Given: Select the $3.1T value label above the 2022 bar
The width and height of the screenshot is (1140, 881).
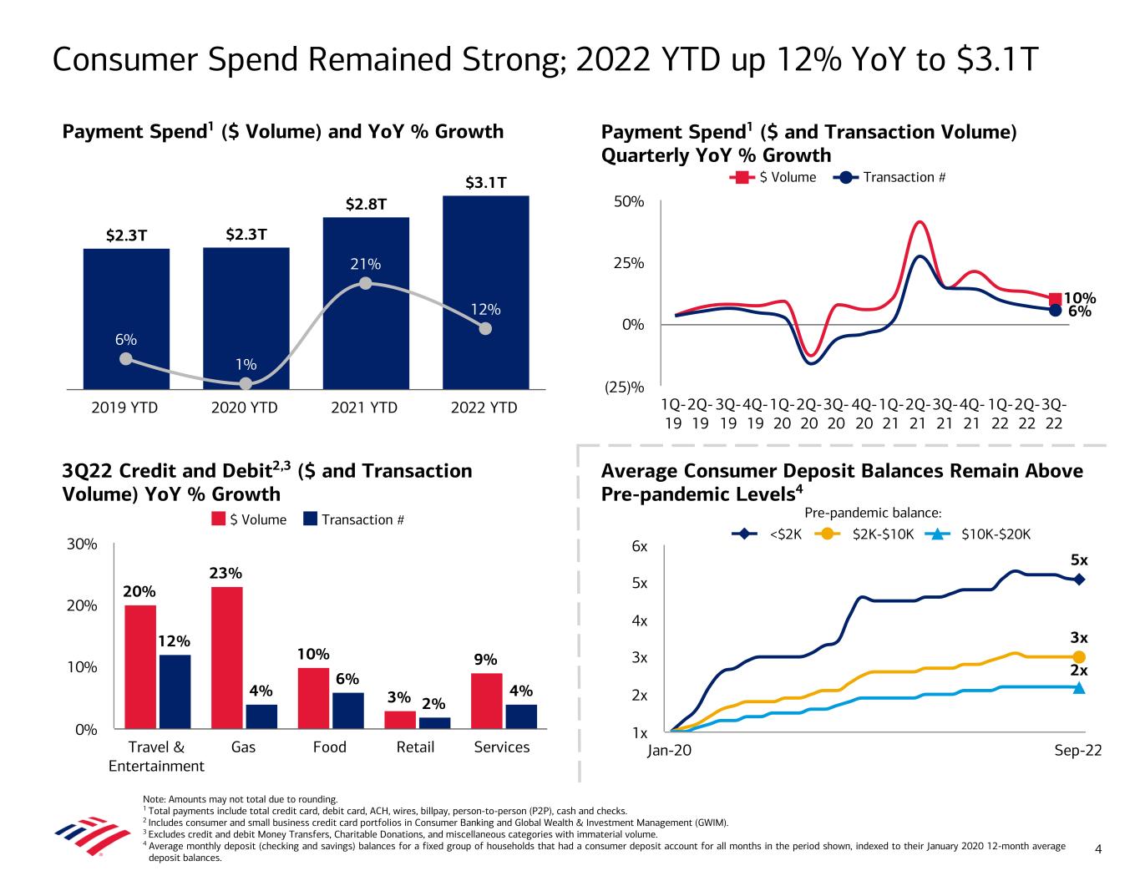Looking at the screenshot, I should (485, 182).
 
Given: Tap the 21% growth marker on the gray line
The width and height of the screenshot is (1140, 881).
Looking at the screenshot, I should (365, 284).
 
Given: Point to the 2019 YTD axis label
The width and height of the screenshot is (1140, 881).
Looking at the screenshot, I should (124, 408).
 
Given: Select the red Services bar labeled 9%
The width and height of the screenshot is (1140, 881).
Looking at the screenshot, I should (486, 701).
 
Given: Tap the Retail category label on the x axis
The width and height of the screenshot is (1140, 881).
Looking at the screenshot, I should (415, 747).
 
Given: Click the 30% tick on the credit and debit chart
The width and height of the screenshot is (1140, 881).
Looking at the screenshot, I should (83, 544).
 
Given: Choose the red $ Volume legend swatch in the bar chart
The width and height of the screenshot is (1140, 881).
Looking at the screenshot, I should (218, 519).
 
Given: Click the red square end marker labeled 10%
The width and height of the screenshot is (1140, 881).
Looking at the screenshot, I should (1056, 299).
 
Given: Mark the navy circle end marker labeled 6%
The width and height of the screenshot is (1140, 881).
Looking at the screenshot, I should (1056, 310).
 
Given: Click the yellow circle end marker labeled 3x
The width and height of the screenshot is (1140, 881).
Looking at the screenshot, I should (1079, 657).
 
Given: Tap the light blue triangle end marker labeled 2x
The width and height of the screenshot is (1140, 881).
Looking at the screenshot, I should (1079, 687).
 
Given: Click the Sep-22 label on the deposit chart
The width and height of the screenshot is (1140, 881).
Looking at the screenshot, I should (1078, 751).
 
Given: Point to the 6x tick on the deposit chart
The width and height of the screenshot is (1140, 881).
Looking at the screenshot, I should (640, 546).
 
